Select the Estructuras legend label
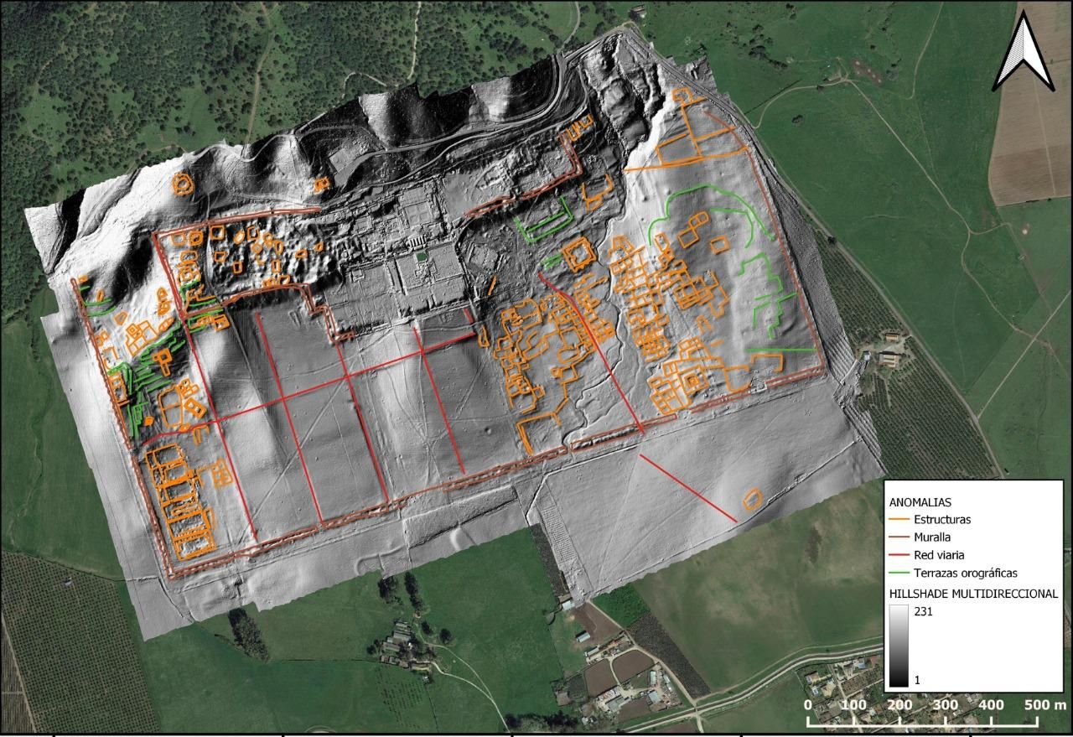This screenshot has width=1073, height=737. pos(942,520)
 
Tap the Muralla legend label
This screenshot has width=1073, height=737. pos(933,537)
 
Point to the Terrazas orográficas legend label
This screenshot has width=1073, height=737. pos(966,573)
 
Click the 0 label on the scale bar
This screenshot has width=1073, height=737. pos(807,705)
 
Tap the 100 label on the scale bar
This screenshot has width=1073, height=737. pos(853,705)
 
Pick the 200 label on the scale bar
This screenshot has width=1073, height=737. pos(899,705)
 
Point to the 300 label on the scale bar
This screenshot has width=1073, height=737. pos(946,705)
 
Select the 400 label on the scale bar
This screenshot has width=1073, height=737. pos(992,705)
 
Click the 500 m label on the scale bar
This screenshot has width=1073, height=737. pos(1044,705)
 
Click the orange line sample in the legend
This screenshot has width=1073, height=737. pos(899,520)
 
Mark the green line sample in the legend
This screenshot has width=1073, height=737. pos(899,573)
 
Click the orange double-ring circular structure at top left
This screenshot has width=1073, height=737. pos(181,183)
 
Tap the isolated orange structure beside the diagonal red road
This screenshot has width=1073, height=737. pos(752,500)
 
